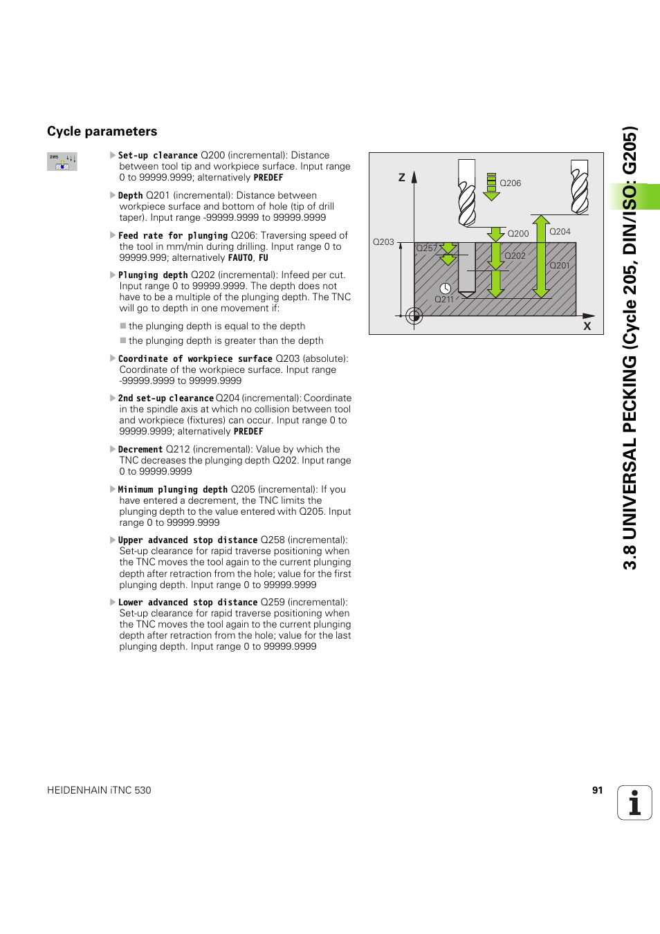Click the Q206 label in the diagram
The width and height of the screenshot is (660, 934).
[x=511, y=183]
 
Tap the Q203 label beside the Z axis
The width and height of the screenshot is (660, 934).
[x=383, y=242]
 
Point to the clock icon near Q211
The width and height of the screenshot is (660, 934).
[x=446, y=289]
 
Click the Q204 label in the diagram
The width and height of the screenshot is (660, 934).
[x=560, y=232]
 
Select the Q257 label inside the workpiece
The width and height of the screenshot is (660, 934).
[x=426, y=248]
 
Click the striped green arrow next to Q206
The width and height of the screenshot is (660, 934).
[x=491, y=186]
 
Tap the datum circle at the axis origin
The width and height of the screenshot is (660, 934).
[x=414, y=316]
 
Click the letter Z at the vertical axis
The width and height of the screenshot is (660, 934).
[x=401, y=178]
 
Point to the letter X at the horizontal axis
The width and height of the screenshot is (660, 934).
[x=587, y=326]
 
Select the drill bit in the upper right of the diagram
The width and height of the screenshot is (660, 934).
[x=580, y=186]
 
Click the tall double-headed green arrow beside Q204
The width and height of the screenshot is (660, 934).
[x=541, y=257]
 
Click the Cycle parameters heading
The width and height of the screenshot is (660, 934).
[x=102, y=131]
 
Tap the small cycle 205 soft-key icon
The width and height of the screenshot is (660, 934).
[x=62, y=161]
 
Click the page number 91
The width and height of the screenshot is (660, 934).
[x=597, y=790]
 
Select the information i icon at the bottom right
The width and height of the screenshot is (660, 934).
[x=634, y=803]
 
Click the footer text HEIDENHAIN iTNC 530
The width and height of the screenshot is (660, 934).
[x=99, y=790]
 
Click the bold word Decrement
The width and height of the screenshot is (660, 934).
[x=140, y=449]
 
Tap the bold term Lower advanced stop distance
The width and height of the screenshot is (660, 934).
[x=187, y=602]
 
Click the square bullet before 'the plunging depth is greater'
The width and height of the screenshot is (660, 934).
[x=123, y=340]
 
